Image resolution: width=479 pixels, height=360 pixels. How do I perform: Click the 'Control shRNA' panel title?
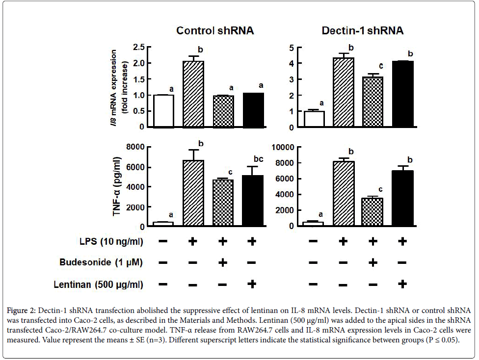pos(215,31)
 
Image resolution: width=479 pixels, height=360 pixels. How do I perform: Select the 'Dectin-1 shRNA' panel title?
pos(362,31)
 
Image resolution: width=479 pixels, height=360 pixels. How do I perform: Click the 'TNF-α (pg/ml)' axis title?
pos(118,187)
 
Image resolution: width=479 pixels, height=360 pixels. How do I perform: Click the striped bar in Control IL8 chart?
pos(193,94)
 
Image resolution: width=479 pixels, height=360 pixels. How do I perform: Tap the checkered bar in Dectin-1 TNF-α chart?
pos(373,212)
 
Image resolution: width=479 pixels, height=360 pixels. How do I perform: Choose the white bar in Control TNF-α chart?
pos(163,224)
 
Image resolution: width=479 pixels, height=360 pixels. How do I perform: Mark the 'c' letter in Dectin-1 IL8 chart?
pos(373,66)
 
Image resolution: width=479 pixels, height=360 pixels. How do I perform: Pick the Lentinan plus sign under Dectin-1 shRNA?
pos(402,284)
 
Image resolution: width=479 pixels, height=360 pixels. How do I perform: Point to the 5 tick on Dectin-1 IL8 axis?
pos(291,48)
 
